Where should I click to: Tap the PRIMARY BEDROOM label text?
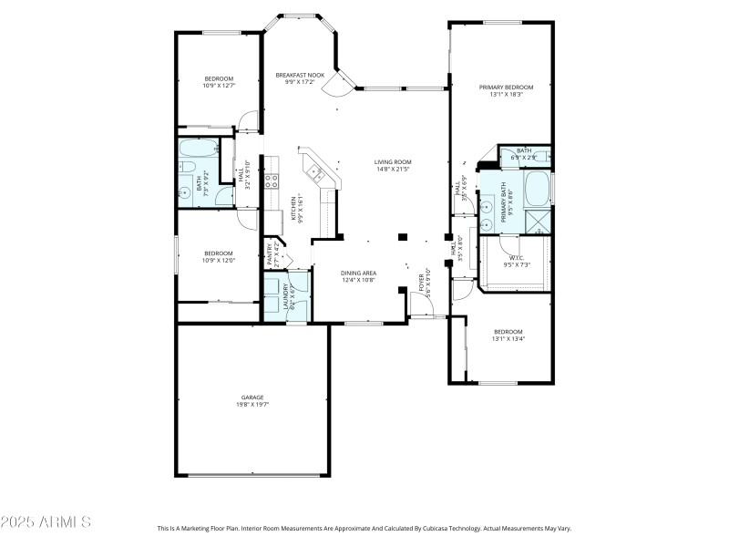click(x=507, y=87)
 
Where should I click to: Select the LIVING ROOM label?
click(x=394, y=162)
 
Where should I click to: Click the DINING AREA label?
click(x=359, y=273)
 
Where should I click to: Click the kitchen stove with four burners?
click(x=271, y=181)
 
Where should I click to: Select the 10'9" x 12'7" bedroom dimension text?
click(x=219, y=86)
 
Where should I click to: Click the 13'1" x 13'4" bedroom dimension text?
click(x=508, y=339)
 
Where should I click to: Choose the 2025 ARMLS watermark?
click(x=46, y=522)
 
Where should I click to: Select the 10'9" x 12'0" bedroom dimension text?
click(x=219, y=260)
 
